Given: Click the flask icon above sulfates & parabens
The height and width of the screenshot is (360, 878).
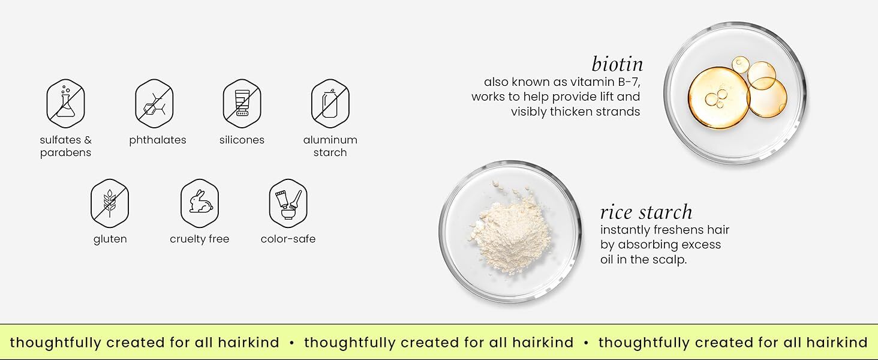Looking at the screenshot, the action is click(x=65, y=104).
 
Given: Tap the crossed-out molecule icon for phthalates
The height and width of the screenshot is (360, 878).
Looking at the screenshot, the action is click(x=154, y=104).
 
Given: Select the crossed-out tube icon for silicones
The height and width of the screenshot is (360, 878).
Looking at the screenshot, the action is click(x=242, y=104).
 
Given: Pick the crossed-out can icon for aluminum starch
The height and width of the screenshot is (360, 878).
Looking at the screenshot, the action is click(x=330, y=104).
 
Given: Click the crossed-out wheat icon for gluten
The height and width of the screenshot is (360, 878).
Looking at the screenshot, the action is click(x=110, y=203).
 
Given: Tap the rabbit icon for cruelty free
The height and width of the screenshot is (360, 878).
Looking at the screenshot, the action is click(x=200, y=203).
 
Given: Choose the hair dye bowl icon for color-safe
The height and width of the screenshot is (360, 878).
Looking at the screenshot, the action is click(x=288, y=203).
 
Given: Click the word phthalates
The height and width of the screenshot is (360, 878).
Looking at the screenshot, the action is click(x=158, y=140).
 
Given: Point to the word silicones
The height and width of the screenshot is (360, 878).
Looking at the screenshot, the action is click(x=242, y=140).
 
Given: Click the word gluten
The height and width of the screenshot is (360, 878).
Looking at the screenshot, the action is click(x=110, y=239).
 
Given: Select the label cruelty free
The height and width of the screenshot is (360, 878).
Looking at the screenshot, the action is click(x=200, y=239).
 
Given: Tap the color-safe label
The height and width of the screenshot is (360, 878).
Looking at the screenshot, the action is click(x=288, y=239).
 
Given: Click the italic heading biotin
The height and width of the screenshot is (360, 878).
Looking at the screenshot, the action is click(x=617, y=64).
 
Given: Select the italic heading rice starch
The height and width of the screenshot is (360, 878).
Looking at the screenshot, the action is click(x=647, y=212).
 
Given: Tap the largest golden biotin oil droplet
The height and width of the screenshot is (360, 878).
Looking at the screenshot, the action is click(x=719, y=98).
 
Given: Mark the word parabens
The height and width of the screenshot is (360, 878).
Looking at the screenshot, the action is click(x=65, y=153).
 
